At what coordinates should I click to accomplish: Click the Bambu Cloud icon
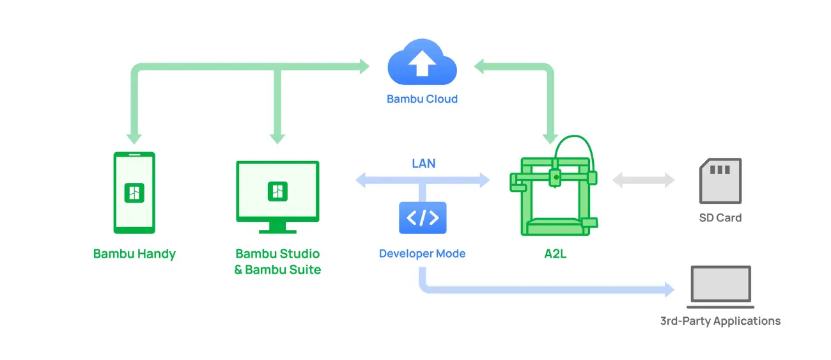[422, 62]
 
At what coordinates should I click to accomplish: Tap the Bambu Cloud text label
[422, 99]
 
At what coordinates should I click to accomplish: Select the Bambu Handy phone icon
[134, 192]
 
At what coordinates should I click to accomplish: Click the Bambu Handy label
[134, 254]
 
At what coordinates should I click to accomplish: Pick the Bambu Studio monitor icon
[277, 197]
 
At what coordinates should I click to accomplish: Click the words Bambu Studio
[277, 253]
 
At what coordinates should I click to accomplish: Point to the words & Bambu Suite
[277, 269]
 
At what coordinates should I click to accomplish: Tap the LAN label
[424, 163]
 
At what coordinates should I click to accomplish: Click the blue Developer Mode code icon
[423, 218]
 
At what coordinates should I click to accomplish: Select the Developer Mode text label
[422, 253]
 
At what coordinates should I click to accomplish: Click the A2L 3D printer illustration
[554, 185]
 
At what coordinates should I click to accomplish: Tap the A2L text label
[555, 254]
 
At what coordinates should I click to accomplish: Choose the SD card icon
[720, 181]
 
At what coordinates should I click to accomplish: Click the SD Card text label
[720, 218]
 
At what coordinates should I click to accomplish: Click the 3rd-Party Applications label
[720, 321]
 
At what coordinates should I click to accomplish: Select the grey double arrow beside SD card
[643, 180]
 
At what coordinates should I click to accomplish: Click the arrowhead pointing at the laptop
[670, 290]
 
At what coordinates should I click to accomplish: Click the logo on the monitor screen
[277, 191]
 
